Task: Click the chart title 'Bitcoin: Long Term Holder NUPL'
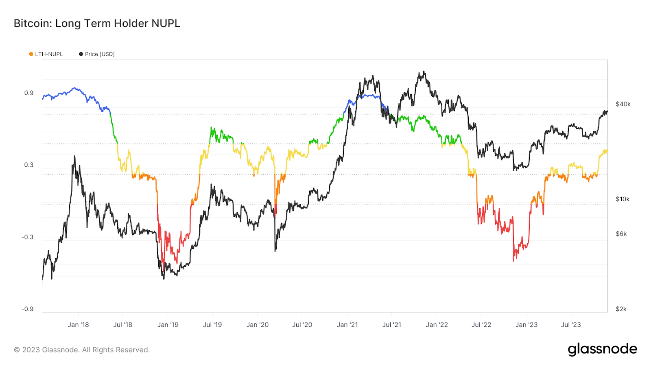[x=97, y=24]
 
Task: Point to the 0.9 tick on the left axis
[x=29, y=93]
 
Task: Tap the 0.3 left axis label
[x=29, y=165]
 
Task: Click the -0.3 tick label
[x=28, y=237]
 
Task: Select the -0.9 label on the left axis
[x=28, y=309]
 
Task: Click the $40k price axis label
[x=623, y=105]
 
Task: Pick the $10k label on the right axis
[x=623, y=199]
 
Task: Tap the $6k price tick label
[x=621, y=234]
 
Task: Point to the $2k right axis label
[x=621, y=309]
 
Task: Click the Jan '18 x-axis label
[x=78, y=325]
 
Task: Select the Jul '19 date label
[x=212, y=325]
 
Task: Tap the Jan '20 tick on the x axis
[x=258, y=325]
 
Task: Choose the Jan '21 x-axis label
[x=347, y=325]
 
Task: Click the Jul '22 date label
[x=481, y=325]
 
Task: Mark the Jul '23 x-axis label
[x=571, y=325]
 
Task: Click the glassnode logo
[x=602, y=349]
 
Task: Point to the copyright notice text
[x=82, y=350]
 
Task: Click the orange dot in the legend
[x=31, y=54]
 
